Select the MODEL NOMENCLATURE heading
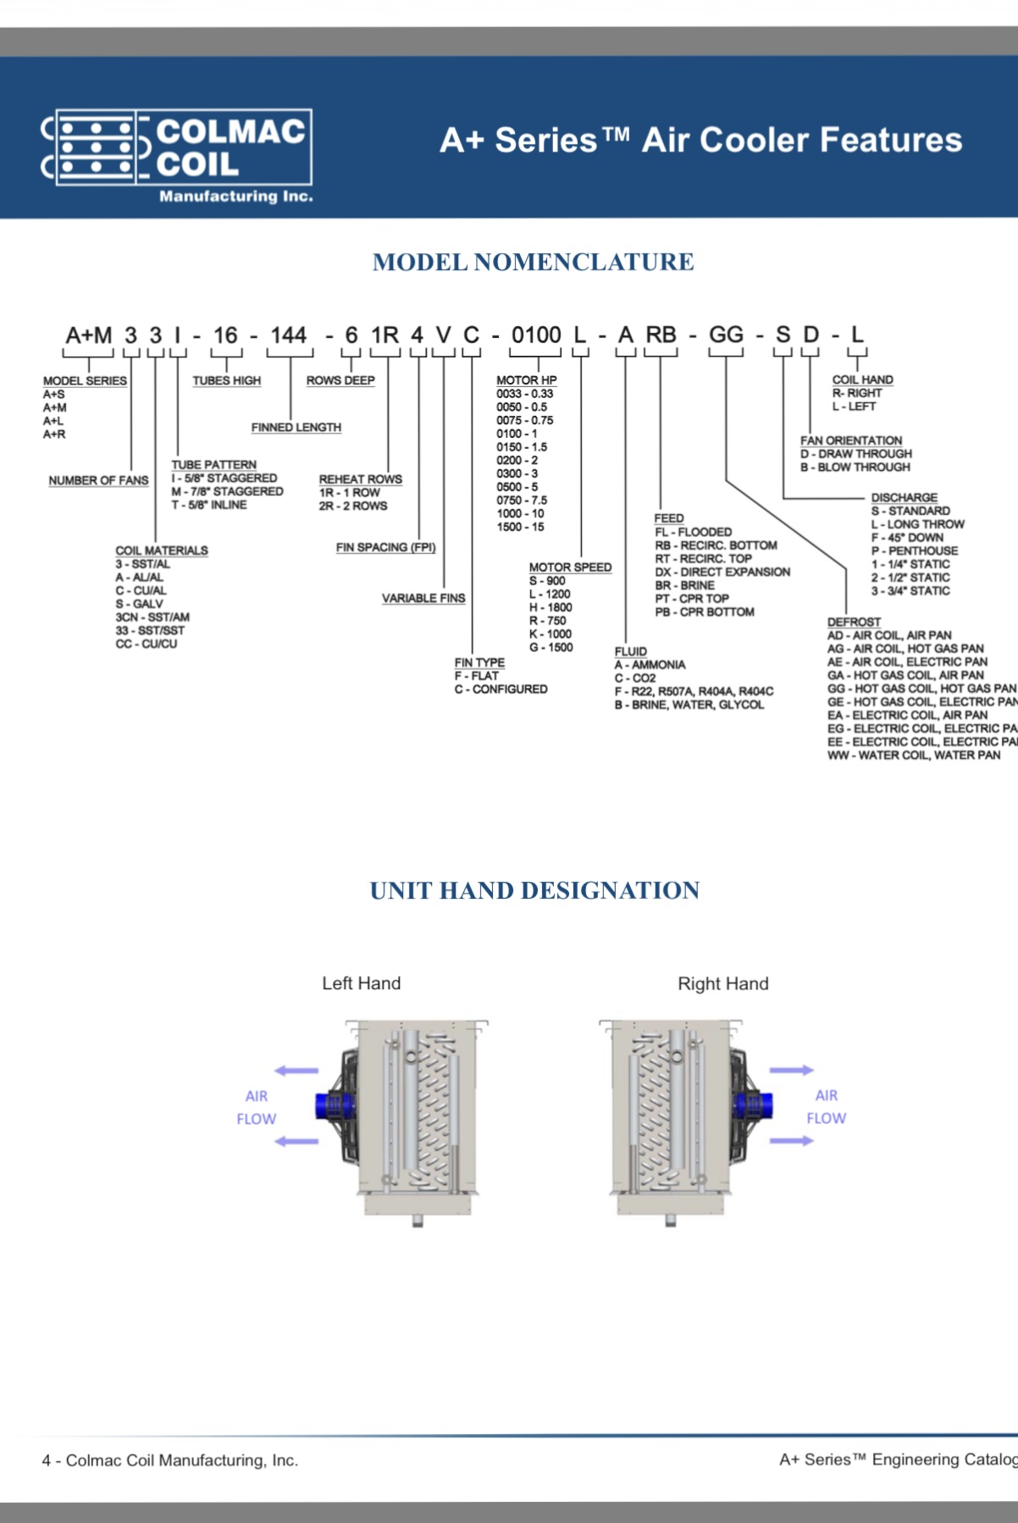533,262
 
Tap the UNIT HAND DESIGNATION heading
534,890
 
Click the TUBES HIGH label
226,380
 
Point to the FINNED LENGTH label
296,428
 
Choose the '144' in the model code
288,335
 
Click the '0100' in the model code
535,335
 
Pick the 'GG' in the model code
726,335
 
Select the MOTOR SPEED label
570,567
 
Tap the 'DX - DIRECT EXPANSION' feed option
722,572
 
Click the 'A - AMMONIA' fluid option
650,665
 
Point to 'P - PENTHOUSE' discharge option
914,551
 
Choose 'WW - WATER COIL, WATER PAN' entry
913,755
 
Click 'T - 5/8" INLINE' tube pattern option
209,505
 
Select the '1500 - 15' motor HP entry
520,527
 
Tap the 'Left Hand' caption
361,983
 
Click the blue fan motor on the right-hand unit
753,1105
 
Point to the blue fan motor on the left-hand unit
332,1105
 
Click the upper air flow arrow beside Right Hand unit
791,1071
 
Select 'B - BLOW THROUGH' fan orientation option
855,467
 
